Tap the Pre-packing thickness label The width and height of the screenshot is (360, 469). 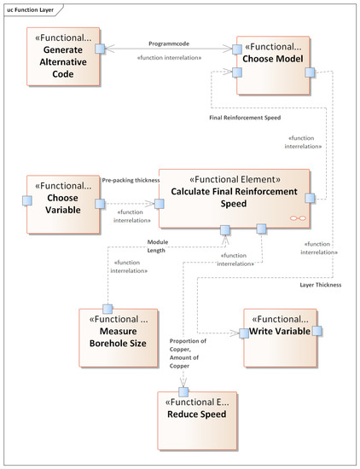[130, 181]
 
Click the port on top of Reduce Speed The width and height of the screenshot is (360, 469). [183, 391]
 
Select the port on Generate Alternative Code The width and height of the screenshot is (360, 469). [100, 49]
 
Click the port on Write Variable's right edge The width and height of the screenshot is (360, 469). [316, 331]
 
